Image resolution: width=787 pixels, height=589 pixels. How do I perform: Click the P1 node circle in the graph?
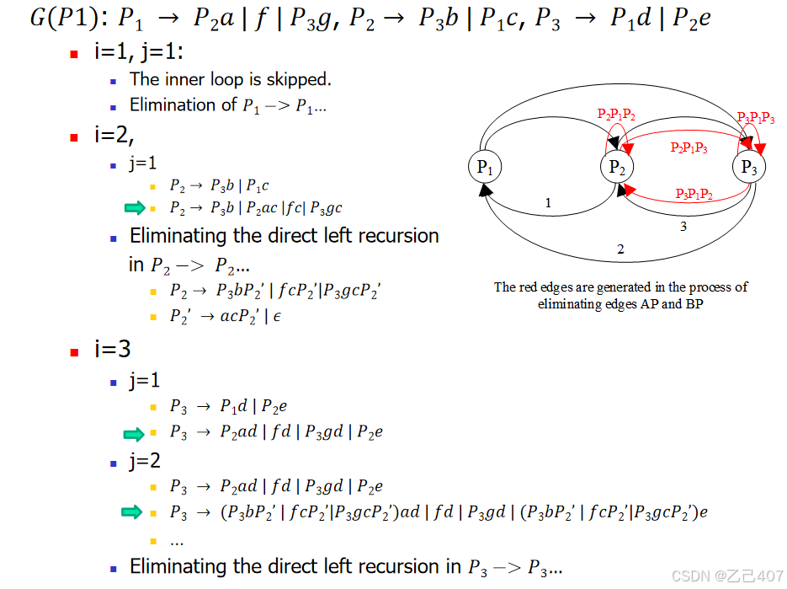tap(484, 167)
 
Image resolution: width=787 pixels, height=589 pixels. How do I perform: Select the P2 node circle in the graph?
tap(616, 167)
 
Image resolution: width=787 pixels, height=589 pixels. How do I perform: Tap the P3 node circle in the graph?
tap(748, 167)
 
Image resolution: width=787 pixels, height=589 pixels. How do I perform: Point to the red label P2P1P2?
tap(616, 114)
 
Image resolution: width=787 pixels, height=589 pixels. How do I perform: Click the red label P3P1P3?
tap(756, 119)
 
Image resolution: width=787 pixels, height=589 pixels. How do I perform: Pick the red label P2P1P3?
tap(689, 147)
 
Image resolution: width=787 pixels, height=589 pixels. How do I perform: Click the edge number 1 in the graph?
tap(548, 203)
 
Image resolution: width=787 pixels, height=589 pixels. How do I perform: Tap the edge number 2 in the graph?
tap(620, 249)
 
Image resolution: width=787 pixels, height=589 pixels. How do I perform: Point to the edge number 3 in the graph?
tap(683, 226)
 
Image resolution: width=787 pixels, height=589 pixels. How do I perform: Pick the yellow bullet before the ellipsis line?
tap(153, 541)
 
